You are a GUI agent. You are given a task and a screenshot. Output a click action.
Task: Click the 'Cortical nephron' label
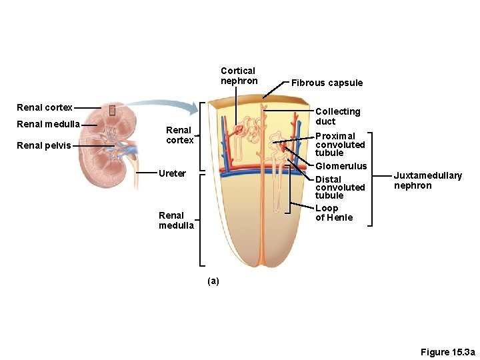tap(239, 76)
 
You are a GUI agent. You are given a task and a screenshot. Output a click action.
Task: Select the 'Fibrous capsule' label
tap(327, 83)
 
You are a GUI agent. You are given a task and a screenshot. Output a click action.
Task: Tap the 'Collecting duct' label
tap(337, 116)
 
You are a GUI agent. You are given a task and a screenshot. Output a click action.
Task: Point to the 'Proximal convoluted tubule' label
tap(340, 144)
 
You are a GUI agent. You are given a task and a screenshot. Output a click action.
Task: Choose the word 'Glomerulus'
tap(341, 166)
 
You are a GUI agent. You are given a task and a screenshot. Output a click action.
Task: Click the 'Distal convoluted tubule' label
tap(340, 187)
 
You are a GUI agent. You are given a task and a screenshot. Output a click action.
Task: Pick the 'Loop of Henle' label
tap(334, 213)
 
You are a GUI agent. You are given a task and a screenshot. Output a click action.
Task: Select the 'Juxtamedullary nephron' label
tap(427, 181)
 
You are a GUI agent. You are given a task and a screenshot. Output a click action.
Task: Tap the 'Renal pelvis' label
tap(44, 145)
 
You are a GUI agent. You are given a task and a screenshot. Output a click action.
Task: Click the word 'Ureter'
tap(172, 173)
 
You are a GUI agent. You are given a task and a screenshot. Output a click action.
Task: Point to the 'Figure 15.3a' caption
tap(447, 352)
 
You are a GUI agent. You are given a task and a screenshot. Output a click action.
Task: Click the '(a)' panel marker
tap(213, 281)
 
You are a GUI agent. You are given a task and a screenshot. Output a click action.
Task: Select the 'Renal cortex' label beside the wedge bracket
tap(179, 135)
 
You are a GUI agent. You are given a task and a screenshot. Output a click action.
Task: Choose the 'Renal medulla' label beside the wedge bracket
tap(176, 220)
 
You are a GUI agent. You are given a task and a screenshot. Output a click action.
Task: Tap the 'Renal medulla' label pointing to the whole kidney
tap(49, 124)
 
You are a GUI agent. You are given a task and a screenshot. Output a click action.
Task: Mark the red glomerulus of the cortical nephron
tap(238, 127)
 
